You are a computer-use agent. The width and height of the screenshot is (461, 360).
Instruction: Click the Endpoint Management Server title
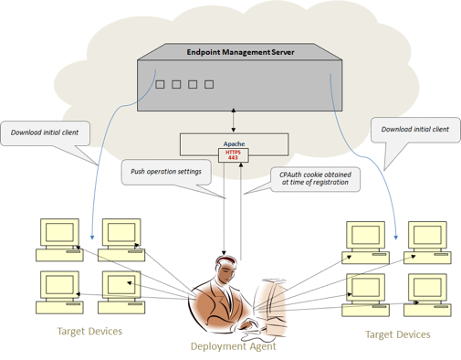click(240, 52)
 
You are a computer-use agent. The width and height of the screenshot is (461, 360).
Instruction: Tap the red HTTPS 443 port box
click(234, 155)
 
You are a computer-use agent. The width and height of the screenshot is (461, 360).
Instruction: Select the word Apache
click(234, 143)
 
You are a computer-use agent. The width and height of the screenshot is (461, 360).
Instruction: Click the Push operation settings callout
click(166, 172)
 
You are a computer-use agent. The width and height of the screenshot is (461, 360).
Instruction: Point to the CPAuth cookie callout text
click(315, 178)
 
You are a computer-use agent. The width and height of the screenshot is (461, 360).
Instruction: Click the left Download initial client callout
click(45, 132)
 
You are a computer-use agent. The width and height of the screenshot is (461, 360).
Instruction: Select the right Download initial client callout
click(415, 130)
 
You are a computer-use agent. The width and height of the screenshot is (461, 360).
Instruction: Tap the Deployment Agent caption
click(234, 346)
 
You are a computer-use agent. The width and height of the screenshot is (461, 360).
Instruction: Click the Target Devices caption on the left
click(89, 331)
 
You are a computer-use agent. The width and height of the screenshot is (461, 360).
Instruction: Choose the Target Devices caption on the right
click(398, 334)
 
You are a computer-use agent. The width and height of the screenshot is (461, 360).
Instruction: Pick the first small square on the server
click(160, 84)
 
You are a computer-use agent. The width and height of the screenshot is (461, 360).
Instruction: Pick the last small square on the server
click(209, 84)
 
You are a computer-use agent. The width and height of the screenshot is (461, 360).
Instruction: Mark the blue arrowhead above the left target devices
click(92, 238)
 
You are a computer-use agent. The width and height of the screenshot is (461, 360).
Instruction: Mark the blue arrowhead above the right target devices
click(396, 238)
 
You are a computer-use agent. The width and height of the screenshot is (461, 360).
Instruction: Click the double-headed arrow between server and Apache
click(234, 120)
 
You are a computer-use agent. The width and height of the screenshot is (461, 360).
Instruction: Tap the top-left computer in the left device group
click(59, 240)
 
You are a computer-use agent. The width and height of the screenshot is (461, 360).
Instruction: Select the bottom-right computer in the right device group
click(427, 295)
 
